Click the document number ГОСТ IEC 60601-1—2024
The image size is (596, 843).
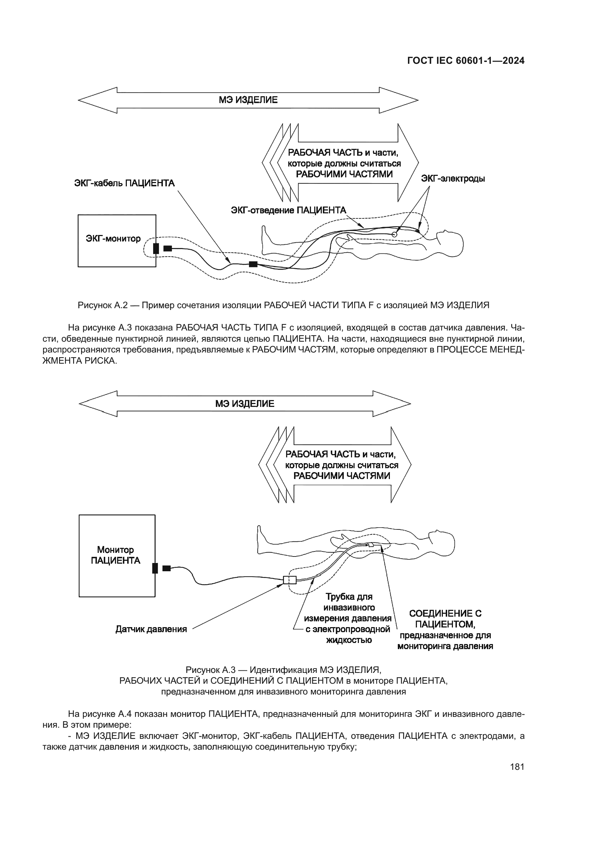point(466,61)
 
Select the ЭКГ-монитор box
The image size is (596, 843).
point(117,240)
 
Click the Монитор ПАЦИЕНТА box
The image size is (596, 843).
point(117,555)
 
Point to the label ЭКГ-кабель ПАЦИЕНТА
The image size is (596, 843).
point(124,183)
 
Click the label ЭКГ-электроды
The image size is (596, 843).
point(453,179)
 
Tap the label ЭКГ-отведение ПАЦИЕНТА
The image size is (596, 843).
point(289,210)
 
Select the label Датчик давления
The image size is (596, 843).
point(151,629)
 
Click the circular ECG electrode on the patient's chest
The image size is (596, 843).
point(395,234)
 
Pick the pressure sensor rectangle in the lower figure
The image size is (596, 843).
point(290,580)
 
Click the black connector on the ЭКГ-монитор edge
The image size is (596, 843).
point(156,249)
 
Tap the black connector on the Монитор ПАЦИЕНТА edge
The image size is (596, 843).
point(155,568)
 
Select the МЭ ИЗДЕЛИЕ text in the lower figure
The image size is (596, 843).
point(245,404)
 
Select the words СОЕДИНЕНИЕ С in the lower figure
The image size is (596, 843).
point(445,613)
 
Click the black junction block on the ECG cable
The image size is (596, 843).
point(253,264)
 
